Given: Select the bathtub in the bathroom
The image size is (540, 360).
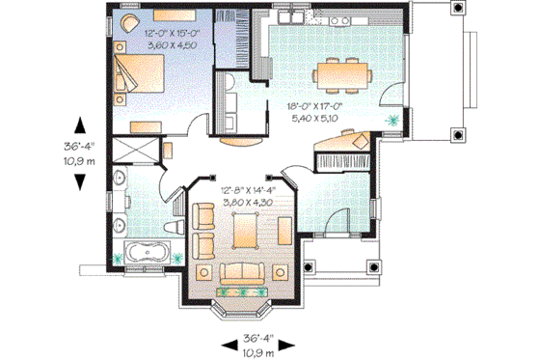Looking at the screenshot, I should (148, 255).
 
